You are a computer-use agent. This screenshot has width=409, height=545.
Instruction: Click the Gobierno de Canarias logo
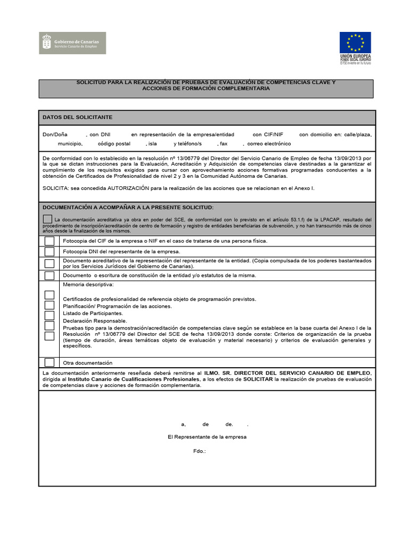73,43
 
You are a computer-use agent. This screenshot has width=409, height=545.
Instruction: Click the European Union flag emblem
355,43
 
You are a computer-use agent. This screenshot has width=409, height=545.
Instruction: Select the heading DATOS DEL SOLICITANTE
77,117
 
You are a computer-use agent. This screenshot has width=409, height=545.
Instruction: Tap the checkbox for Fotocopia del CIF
50,241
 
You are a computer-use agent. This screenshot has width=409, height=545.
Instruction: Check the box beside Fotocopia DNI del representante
50,252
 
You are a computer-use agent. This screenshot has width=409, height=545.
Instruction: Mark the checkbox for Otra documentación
50,362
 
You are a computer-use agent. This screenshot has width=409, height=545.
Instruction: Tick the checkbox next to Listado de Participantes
50,316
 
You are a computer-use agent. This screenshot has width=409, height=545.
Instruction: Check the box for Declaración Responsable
50,325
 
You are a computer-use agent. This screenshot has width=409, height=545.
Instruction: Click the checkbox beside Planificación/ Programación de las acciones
50,305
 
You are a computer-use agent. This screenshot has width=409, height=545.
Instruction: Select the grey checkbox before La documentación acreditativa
47,219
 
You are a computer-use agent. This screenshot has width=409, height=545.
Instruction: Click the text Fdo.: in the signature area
199,451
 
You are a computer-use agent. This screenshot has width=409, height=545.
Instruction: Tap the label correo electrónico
269,144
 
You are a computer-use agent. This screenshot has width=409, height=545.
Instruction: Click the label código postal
114,144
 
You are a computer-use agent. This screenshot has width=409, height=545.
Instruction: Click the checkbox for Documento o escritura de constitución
50,275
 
